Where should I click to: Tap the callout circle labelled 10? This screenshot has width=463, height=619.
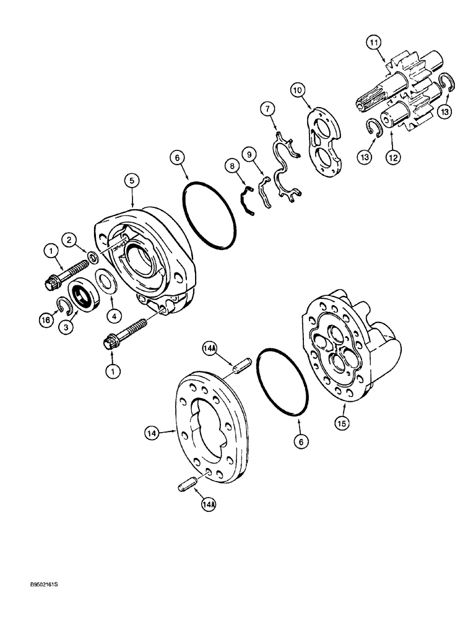click(x=298, y=90)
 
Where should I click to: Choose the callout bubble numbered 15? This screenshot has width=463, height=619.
click(x=342, y=423)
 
